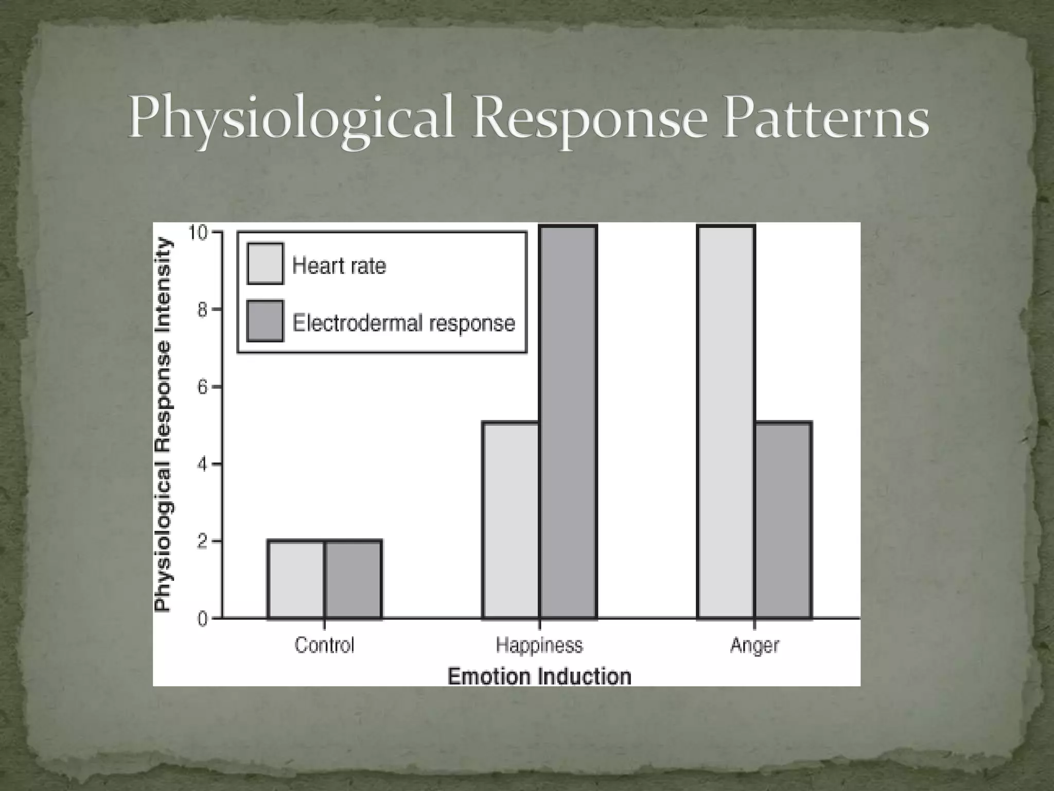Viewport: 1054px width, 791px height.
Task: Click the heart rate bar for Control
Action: tap(296, 579)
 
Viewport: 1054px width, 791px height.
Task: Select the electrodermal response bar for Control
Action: tap(353, 579)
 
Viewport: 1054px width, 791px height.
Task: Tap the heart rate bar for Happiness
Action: tap(511, 520)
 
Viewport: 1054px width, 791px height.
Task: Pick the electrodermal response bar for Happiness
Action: tap(568, 422)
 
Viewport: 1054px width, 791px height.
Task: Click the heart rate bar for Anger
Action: tap(726, 422)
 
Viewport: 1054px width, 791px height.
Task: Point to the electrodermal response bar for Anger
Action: tap(783, 520)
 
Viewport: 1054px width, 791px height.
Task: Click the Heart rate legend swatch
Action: tap(265, 264)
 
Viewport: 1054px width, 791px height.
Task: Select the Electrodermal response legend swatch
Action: tap(265, 321)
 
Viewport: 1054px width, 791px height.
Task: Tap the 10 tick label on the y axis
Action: tap(198, 233)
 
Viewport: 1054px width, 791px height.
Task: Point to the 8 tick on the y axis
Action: tap(202, 310)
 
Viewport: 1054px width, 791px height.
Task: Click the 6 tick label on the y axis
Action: tap(202, 387)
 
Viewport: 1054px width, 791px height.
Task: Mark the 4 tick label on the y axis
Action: tap(202, 465)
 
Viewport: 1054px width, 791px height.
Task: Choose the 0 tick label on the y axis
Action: tap(202, 619)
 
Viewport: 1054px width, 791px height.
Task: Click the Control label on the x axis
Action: tap(324, 645)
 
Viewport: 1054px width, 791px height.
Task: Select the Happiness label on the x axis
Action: tap(539, 645)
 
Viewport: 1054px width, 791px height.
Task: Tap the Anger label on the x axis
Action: tap(754, 645)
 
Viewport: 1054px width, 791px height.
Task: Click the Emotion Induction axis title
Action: tap(539, 676)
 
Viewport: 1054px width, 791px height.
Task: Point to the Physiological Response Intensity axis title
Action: tap(163, 425)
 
